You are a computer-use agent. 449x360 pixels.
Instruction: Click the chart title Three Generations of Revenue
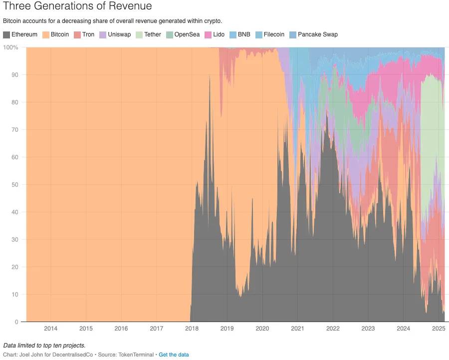(x=77, y=6)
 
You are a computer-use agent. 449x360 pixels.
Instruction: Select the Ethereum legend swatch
(x=6, y=34)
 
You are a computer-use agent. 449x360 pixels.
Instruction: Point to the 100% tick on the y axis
(x=11, y=47)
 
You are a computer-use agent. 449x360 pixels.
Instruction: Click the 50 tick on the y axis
(x=15, y=185)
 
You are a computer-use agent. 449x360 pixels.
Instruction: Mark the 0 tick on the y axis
(x=16, y=322)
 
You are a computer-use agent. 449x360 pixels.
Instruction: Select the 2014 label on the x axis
(x=50, y=329)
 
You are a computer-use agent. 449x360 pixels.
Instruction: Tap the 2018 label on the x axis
(x=192, y=329)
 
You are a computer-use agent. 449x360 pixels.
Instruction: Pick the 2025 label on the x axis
(x=438, y=329)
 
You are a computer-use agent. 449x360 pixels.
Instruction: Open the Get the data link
(x=174, y=355)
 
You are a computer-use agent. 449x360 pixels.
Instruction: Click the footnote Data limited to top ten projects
(x=44, y=346)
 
